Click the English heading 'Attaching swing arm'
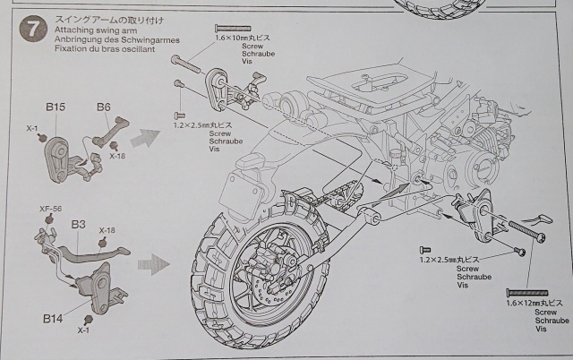(91, 29)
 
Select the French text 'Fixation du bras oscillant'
(106, 49)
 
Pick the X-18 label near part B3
(107, 230)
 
